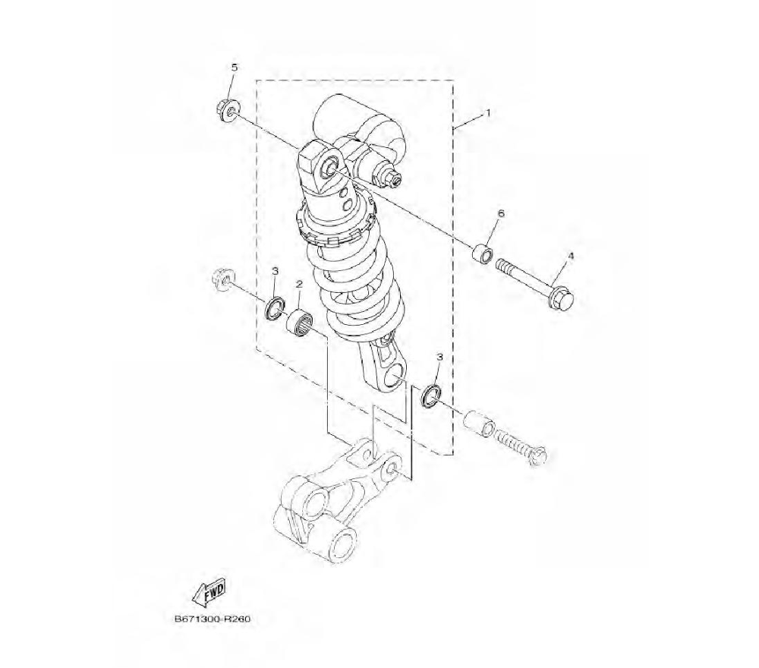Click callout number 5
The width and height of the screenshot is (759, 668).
(235, 68)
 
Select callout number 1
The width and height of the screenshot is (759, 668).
(488, 113)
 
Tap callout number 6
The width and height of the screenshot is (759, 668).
(500, 213)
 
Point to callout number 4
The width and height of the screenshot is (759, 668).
(570, 256)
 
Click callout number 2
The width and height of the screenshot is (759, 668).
(299, 284)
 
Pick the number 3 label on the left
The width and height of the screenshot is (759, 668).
(275, 271)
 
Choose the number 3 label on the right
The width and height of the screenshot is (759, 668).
(439, 357)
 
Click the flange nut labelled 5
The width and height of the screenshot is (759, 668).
(225, 110)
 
